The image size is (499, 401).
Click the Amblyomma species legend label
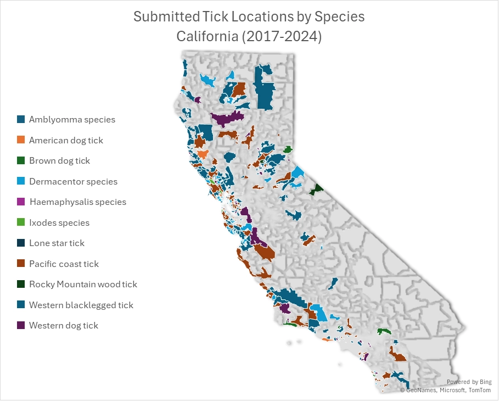72,119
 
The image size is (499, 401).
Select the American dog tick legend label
66,140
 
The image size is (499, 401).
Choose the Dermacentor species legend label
73,181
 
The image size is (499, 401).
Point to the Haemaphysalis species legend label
77,202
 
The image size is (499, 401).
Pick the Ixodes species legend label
59,222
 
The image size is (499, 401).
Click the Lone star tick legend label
57,243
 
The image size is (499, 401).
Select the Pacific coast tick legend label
64,264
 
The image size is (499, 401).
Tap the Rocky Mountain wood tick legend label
83,285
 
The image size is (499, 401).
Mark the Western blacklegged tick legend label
81,305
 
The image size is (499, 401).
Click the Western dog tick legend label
64,326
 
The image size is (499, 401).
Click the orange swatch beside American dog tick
21,140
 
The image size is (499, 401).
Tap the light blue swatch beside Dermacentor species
21,181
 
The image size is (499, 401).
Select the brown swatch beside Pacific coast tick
21,264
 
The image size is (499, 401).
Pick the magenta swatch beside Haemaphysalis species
21,202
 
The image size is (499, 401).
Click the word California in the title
206,37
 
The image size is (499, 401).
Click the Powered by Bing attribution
469,382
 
